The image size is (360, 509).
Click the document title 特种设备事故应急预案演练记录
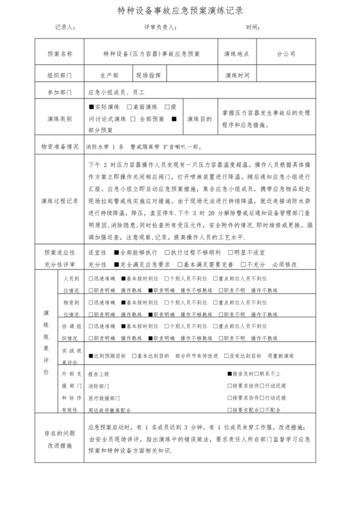180,11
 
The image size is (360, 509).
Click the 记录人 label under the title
66,28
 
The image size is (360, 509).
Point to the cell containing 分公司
286,54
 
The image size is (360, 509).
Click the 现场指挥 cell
148,75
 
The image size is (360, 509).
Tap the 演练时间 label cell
237,75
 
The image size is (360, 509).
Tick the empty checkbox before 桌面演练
129,107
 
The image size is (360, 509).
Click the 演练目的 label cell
199,119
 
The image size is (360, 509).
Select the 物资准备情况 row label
60,146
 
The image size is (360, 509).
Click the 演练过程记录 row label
60,201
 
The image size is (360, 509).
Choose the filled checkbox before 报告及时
230,373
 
